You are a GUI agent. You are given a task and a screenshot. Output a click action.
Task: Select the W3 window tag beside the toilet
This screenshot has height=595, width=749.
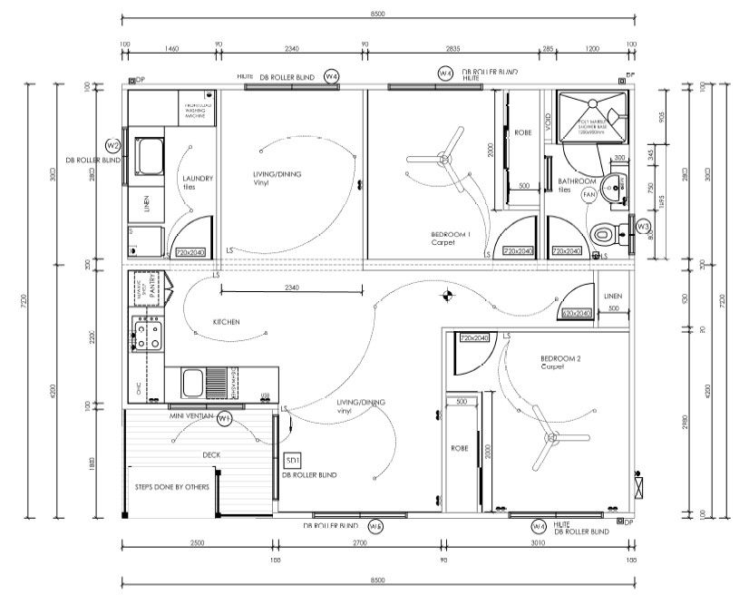pos(642,225)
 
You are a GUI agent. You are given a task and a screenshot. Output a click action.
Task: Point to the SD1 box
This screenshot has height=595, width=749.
pos(293,460)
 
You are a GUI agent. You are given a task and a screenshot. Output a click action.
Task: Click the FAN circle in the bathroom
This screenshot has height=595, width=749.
pos(588,194)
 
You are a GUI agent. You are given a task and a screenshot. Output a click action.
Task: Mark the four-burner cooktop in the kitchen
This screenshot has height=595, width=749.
pos(148,335)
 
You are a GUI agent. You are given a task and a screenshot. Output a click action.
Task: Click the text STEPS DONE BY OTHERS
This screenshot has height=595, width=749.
pos(172,487)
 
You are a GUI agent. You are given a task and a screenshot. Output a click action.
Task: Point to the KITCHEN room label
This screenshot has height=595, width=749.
pos(226,322)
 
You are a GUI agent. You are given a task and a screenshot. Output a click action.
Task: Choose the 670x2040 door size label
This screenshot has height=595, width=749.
pos(577,312)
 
